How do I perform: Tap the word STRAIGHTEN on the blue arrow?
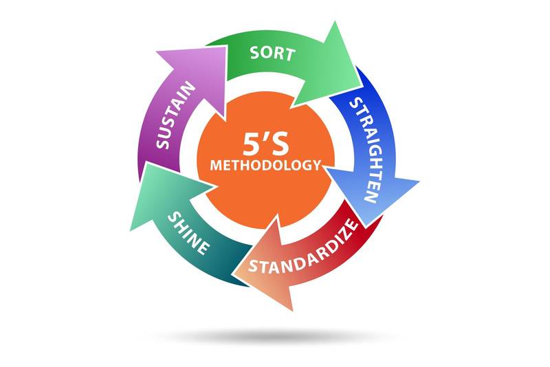(362, 151)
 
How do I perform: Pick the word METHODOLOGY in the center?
(265, 165)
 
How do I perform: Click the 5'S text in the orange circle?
(265, 143)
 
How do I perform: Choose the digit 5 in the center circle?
(252, 143)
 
